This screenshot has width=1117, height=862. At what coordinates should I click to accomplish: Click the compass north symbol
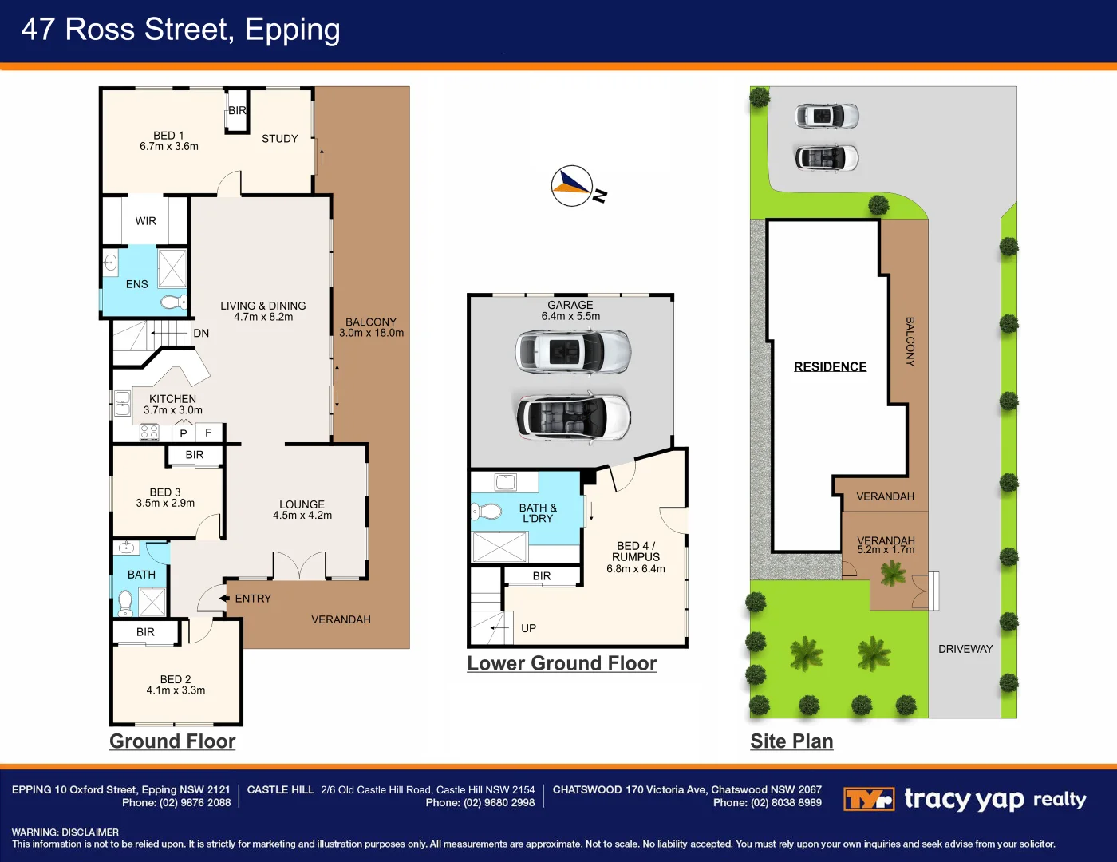pos(572,186)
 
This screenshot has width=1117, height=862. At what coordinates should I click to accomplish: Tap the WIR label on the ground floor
pos(145,221)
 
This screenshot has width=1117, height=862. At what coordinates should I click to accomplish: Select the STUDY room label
pos(279,139)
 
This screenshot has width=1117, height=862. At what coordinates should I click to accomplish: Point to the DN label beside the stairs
pos(201,333)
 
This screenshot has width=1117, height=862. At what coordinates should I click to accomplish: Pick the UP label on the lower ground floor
pos(528,628)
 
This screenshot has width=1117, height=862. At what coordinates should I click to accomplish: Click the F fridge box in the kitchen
pos(209,433)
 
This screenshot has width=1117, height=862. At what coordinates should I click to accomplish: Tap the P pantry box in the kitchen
pos(184,433)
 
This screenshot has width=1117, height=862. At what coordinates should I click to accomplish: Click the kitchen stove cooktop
pos(149,433)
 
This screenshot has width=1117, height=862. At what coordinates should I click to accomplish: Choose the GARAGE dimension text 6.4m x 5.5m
pos(570,316)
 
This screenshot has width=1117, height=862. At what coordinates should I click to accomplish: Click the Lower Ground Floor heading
pos(562,663)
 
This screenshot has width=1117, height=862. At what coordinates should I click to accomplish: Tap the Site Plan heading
pos(791,741)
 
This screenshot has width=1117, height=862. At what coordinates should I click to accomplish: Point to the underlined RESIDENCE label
pos(830,366)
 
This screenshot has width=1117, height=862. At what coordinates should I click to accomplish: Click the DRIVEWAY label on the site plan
pos(965,649)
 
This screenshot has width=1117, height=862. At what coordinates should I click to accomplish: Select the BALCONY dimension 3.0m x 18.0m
pos(371,333)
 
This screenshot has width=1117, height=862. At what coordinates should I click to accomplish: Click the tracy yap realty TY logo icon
pos(869,799)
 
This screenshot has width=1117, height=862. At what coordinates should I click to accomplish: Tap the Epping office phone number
pos(176,802)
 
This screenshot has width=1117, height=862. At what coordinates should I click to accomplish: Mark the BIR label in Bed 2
pos(145,631)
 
